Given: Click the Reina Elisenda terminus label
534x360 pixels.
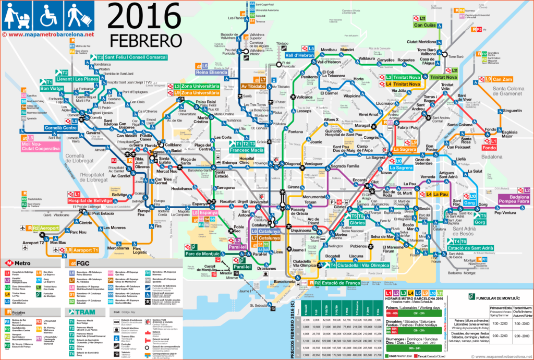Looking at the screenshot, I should point(216,73).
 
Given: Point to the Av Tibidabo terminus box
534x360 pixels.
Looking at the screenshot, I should point(253,86).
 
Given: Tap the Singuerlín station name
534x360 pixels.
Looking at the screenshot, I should point(512,111).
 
